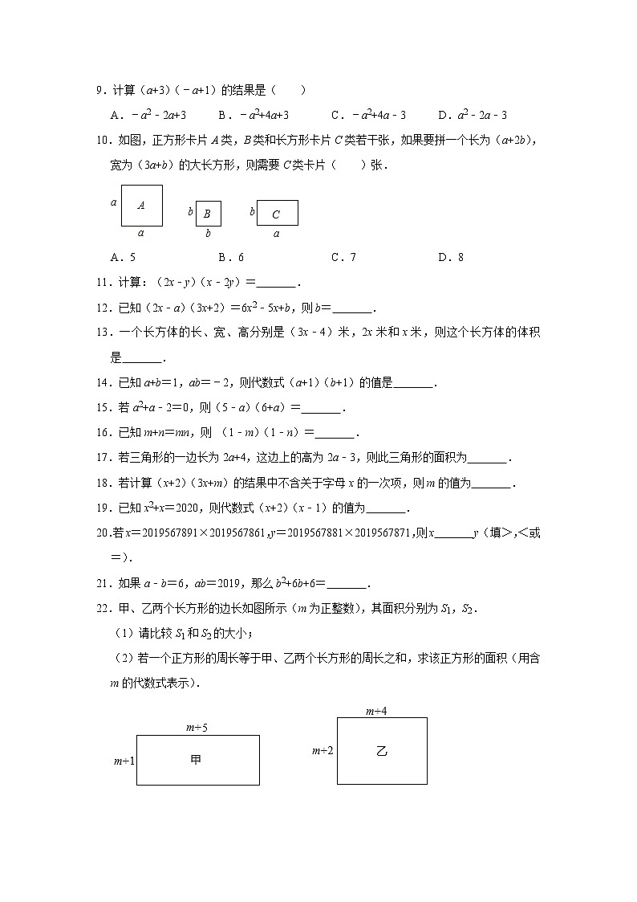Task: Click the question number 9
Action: click(100, 91)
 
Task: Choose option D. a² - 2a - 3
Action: click(473, 115)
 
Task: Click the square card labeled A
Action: click(141, 206)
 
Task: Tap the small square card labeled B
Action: click(208, 214)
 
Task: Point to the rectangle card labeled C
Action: click(277, 214)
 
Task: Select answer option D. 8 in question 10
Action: click(451, 257)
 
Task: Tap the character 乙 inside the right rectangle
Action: click(382, 752)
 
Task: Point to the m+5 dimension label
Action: click(197, 728)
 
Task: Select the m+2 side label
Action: click(323, 751)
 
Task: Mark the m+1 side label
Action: click(124, 760)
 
